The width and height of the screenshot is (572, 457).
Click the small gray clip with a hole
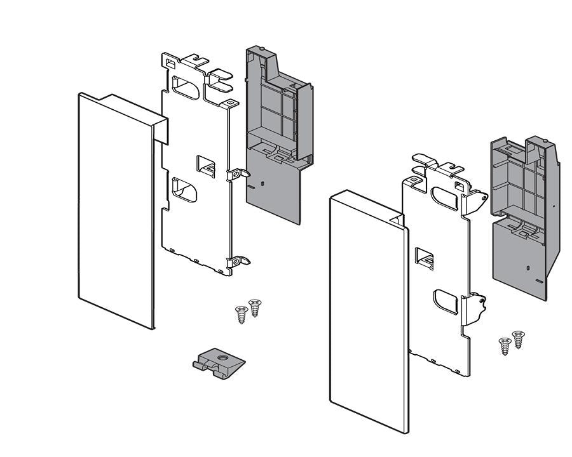219,364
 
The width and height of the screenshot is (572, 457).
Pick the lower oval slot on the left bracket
184,191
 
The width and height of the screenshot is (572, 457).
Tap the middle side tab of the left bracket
238,173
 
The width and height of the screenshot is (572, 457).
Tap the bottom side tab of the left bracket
239,260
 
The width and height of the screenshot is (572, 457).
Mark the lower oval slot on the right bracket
446,301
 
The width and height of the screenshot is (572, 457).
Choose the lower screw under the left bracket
241,314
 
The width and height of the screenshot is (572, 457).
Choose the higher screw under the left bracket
254,308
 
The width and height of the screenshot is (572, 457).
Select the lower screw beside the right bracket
505,346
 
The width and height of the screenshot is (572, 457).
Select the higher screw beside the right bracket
518,339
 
